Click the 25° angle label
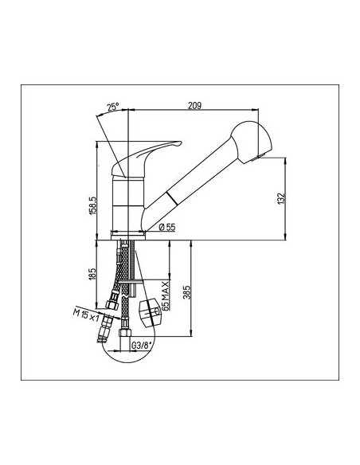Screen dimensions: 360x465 pyautogui.click(x=113, y=107)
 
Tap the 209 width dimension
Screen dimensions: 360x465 pyautogui.click(x=194, y=105)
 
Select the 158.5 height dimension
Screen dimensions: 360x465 pyautogui.click(x=92, y=205)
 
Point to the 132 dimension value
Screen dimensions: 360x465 pyautogui.click(x=281, y=198)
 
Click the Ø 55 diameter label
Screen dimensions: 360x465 pyautogui.click(x=167, y=227)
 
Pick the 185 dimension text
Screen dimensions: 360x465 pyautogui.click(x=92, y=274)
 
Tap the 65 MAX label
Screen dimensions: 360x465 pyautogui.click(x=166, y=295)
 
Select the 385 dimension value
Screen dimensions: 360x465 pyautogui.click(x=186, y=292)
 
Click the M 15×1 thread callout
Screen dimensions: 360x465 pyautogui.click(x=86, y=315)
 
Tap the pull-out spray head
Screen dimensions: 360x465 pyautogui.click(x=251, y=141)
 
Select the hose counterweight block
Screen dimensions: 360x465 pyautogui.click(x=150, y=313)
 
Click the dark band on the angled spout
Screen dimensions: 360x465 pyautogui.click(x=172, y=198)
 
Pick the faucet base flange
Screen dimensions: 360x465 pyautogui.click(x=128, y=236)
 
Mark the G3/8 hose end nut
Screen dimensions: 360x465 pyautogui.click(x=125, y=332)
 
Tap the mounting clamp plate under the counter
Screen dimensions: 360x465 pyautogui.click(x=130, y=281)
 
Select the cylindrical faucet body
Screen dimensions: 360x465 pyautogui.click(x=129, y=204)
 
